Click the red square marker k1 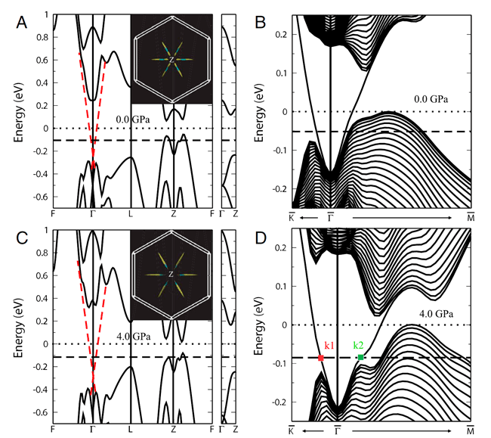click(321, 358)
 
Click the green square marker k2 click(361, 357)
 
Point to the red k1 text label click(329, 346)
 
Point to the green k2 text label click(362, 345)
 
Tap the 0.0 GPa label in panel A click(133, 119)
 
